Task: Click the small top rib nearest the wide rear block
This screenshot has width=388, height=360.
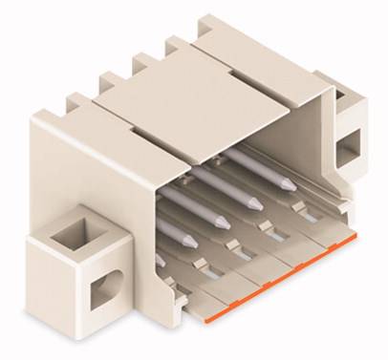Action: click(x=141, y=62)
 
